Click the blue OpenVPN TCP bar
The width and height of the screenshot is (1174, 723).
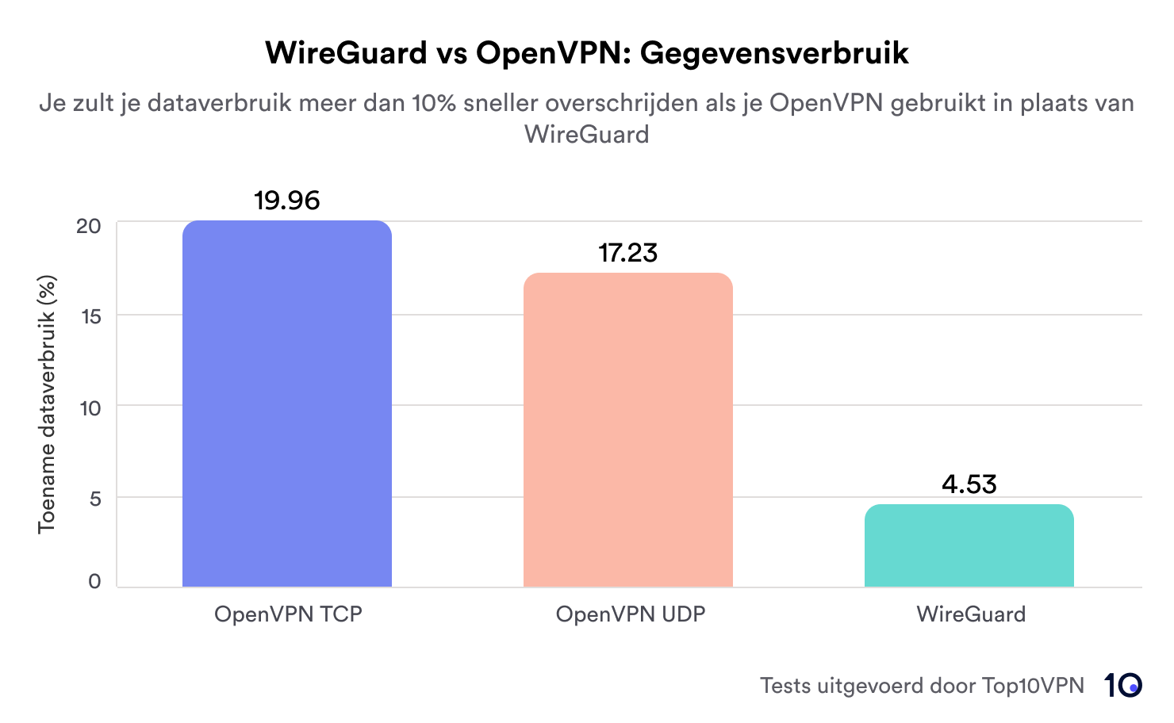[287, 404]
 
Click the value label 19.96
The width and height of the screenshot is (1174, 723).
[287, 201]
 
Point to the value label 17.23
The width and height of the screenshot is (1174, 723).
[627, 253]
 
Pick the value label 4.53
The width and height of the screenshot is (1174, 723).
[969, 484]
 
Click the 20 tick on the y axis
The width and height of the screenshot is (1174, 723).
[89, 226]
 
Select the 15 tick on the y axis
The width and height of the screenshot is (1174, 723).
[90, 316]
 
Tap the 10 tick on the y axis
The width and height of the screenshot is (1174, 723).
[90, 408]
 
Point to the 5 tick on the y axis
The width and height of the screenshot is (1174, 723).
[96, 499]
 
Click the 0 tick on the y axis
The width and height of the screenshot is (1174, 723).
[95, 582]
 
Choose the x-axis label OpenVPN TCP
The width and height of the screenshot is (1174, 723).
[288, 614]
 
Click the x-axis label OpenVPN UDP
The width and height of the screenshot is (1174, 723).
[631, 614]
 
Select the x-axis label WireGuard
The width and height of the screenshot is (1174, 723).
[971, 614]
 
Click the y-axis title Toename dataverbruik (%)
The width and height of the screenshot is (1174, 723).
[47, 404]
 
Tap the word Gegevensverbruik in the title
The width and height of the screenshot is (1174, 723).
[774, 53]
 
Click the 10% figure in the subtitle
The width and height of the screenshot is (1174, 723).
[434, 103]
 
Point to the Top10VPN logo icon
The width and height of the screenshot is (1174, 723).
[1122, 685]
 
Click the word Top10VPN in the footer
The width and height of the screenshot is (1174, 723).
[1033, 686]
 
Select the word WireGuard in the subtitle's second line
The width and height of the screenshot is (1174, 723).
[586, 134]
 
